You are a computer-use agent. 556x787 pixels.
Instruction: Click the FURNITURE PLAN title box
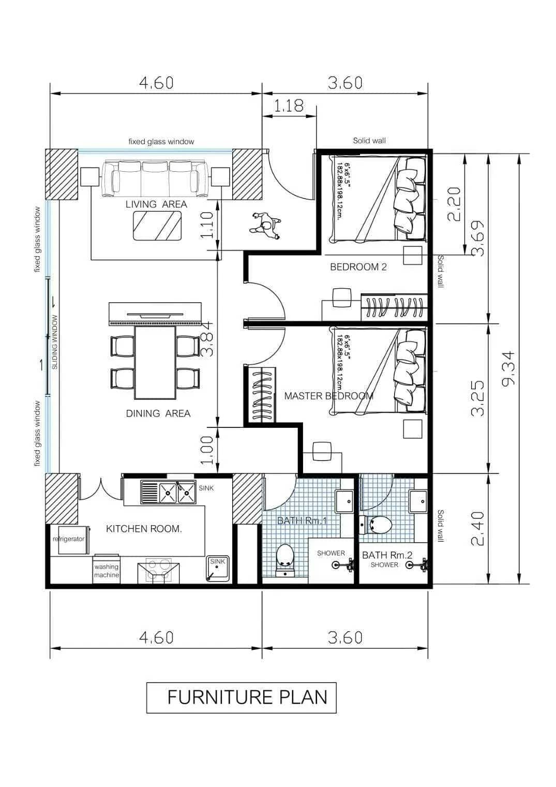241,697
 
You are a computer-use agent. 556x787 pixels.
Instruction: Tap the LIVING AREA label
156,204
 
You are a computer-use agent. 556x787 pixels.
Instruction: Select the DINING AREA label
158,413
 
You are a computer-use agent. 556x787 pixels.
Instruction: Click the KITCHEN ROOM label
144,529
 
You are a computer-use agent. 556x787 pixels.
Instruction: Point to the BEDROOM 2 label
358,267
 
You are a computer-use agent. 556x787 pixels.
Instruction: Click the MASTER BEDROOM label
328,396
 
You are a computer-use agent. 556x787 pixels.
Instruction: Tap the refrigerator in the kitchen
69,539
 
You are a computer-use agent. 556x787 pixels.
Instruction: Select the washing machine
107,571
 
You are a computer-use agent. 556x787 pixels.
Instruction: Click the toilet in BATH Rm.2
377,525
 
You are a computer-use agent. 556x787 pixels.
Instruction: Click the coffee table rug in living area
157,226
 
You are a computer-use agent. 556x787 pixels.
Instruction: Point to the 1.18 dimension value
289,106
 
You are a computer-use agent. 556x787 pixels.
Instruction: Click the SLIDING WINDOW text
55,342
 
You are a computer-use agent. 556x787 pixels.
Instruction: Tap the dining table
156,362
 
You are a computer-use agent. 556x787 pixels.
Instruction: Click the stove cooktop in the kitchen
158,570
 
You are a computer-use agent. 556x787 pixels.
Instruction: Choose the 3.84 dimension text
207,338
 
